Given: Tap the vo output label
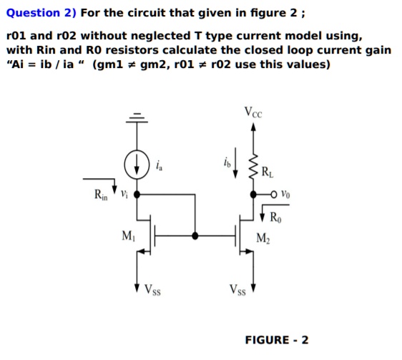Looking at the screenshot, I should pos(287,194).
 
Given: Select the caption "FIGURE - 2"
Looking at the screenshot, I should pos(276,339).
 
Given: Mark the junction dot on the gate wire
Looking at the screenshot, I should pos(195,235).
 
